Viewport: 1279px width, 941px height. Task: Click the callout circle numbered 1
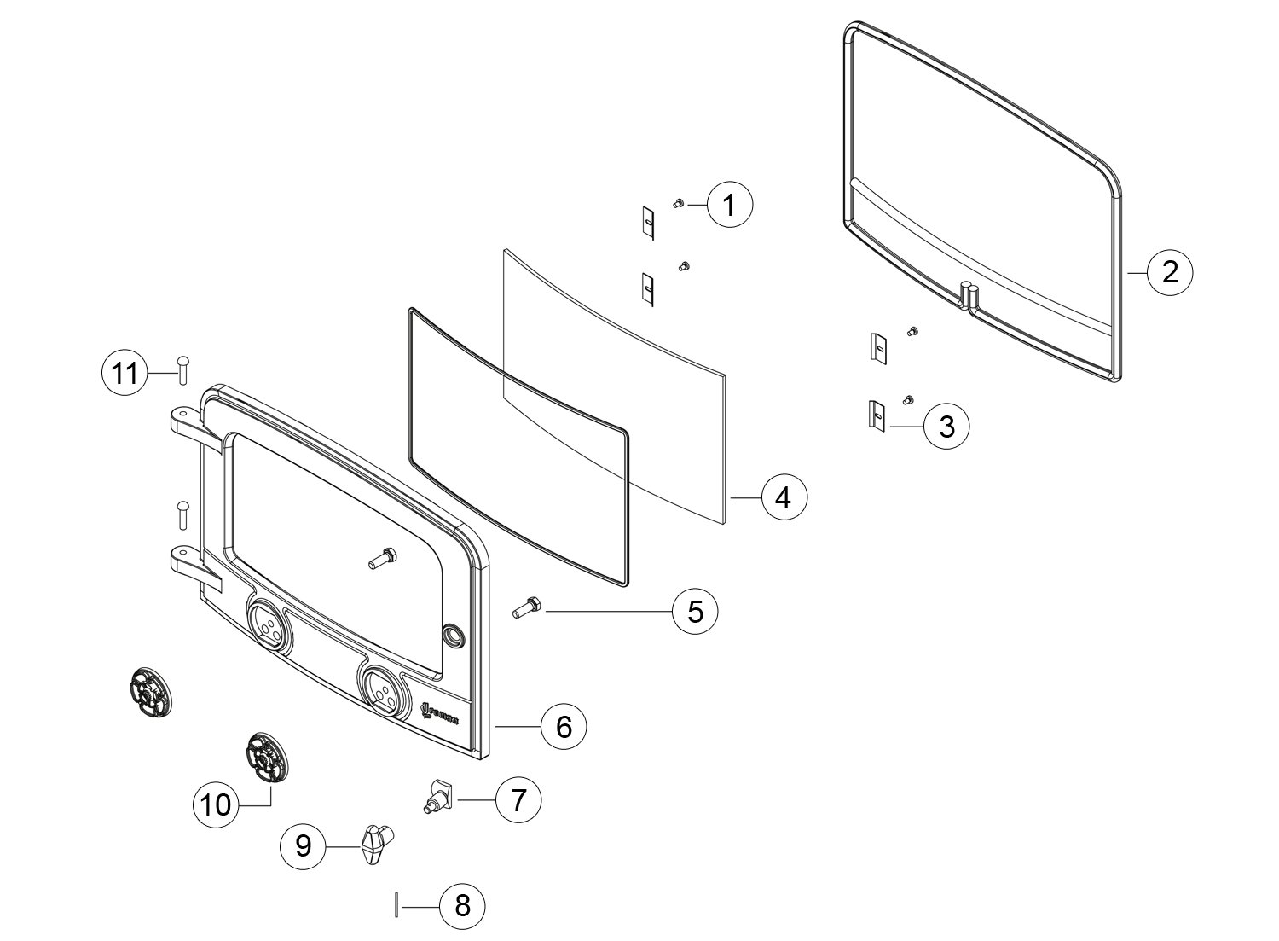click(x=730, y=205)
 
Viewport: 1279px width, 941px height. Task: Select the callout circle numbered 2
click(x=1170, y=272)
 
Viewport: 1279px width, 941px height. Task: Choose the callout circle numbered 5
click(x=695, y=612)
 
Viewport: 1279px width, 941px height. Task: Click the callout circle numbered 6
click(x=564, y=726)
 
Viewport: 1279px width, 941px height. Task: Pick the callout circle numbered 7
click(x=518, y=800)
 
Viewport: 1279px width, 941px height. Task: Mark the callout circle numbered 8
click(x=462, y=905)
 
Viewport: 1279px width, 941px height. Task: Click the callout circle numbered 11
click(x=125, y=374)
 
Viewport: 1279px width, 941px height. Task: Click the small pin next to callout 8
click(x=396, y=904)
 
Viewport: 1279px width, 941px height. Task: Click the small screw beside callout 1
click(x=679, y=203)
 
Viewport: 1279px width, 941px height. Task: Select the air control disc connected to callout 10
click(x=264, y=756)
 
